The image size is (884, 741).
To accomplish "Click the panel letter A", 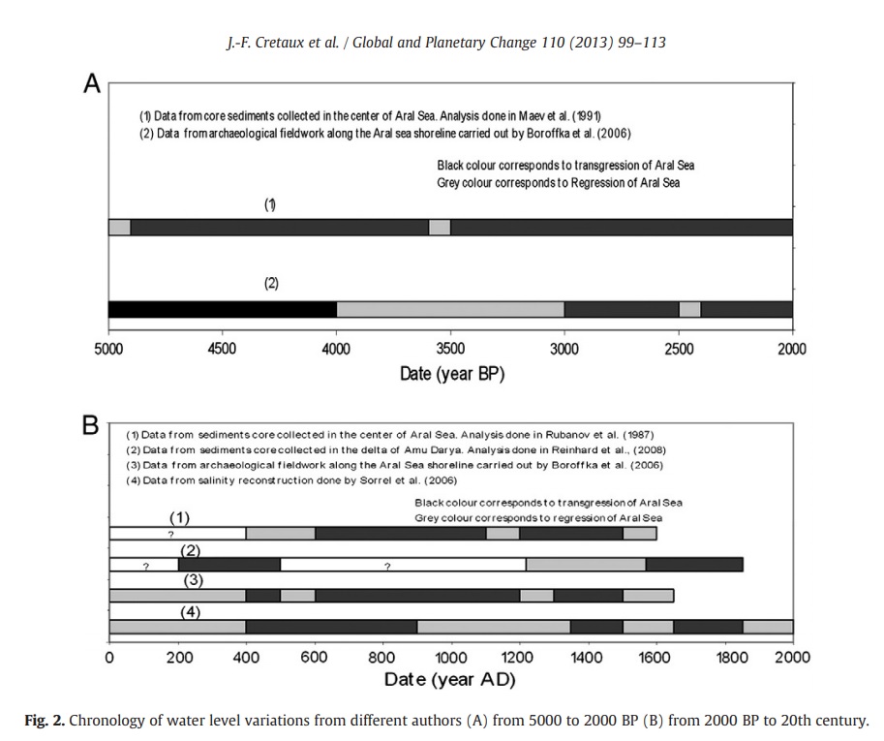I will click(92, 83).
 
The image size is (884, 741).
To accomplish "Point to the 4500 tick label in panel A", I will click(222, 349).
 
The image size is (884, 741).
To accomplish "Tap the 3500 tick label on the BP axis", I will click(450, 349).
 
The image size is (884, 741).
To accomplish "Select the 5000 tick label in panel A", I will click(108, 349).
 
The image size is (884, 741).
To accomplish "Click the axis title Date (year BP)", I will click(452, 373).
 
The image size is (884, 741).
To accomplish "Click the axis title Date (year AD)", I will click(449, 679).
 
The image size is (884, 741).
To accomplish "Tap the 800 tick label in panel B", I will click(382, 657).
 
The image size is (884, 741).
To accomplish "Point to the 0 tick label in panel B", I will click(109, 657).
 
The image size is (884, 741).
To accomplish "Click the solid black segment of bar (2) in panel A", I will click(223, 309).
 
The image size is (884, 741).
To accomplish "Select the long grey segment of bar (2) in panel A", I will click(450, 309).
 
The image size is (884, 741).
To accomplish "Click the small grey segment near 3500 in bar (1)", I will click(440, 228).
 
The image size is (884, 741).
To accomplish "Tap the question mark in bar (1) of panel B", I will click(170, 534).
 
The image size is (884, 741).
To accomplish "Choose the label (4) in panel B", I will click(191, 612).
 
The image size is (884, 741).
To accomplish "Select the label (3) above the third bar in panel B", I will click(193, 580).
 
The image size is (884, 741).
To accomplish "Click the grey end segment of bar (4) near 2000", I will click(768, 627).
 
